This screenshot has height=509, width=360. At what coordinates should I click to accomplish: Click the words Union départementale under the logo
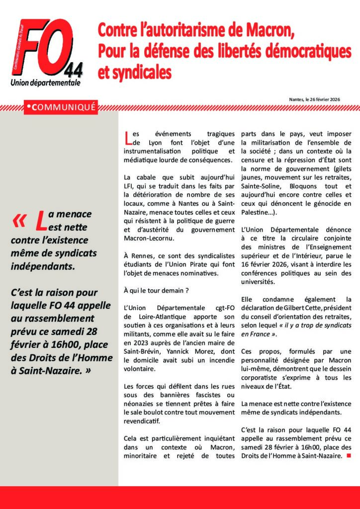click(45, 83)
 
